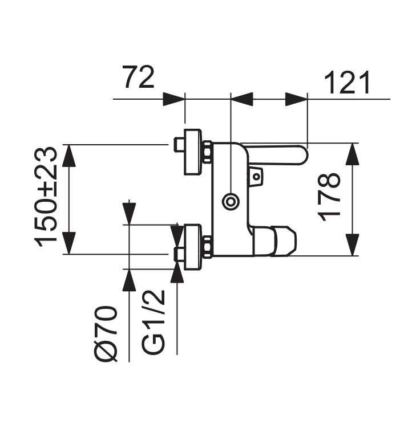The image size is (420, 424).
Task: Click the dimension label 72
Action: tap(139, 78)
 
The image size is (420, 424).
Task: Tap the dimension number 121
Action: tap(347, 84)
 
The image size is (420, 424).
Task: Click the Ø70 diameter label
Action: tap(107, 333)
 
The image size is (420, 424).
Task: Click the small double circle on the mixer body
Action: tap(231, 201)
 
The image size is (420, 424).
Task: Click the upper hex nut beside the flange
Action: tap(207, 152)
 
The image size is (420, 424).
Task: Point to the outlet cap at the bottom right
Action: tap(283, 240)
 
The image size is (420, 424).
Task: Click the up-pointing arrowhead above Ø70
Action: tap(130, 280)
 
